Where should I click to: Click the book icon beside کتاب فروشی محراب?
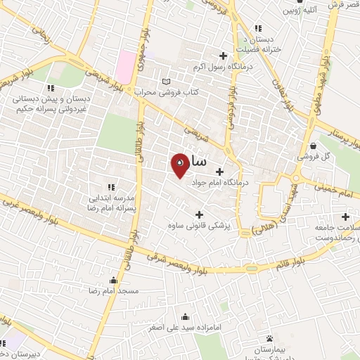[165, 82]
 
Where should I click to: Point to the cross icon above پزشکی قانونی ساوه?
[199, 215]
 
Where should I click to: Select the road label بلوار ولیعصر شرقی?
[179, 258]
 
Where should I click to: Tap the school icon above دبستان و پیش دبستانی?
[51, 89]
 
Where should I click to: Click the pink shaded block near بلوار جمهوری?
[125, 65]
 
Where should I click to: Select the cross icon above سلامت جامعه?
[345, 217]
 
